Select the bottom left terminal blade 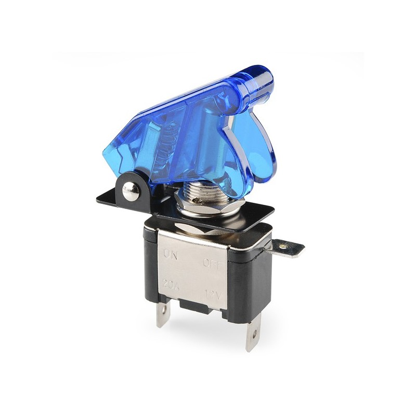click(x=163, y=314)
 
